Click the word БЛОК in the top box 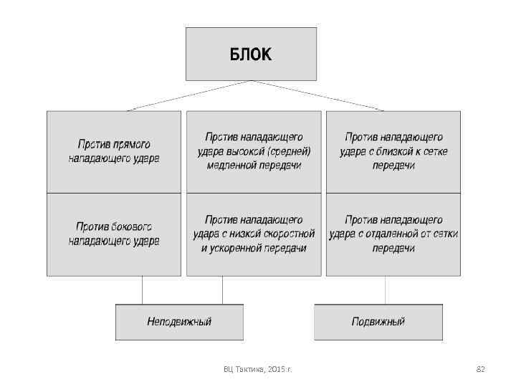(251, 54)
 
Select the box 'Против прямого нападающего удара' (114, 152)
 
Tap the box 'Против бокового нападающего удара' (114, 234)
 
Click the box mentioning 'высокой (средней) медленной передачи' (254, 152)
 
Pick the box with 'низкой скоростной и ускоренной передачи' (254, 234)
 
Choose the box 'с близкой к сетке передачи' (393, 152)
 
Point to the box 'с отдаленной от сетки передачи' (393, 234)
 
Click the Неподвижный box (179, 322)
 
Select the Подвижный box (378, 322)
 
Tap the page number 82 (481, 369)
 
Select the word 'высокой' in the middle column (248, 152)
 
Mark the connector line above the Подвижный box (386, 290)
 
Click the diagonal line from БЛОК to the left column (190, 95)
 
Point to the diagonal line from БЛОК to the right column (317, 95)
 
